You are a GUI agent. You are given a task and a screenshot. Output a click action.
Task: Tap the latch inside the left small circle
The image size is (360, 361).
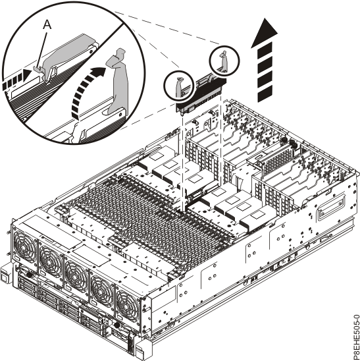tap(180, 84)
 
